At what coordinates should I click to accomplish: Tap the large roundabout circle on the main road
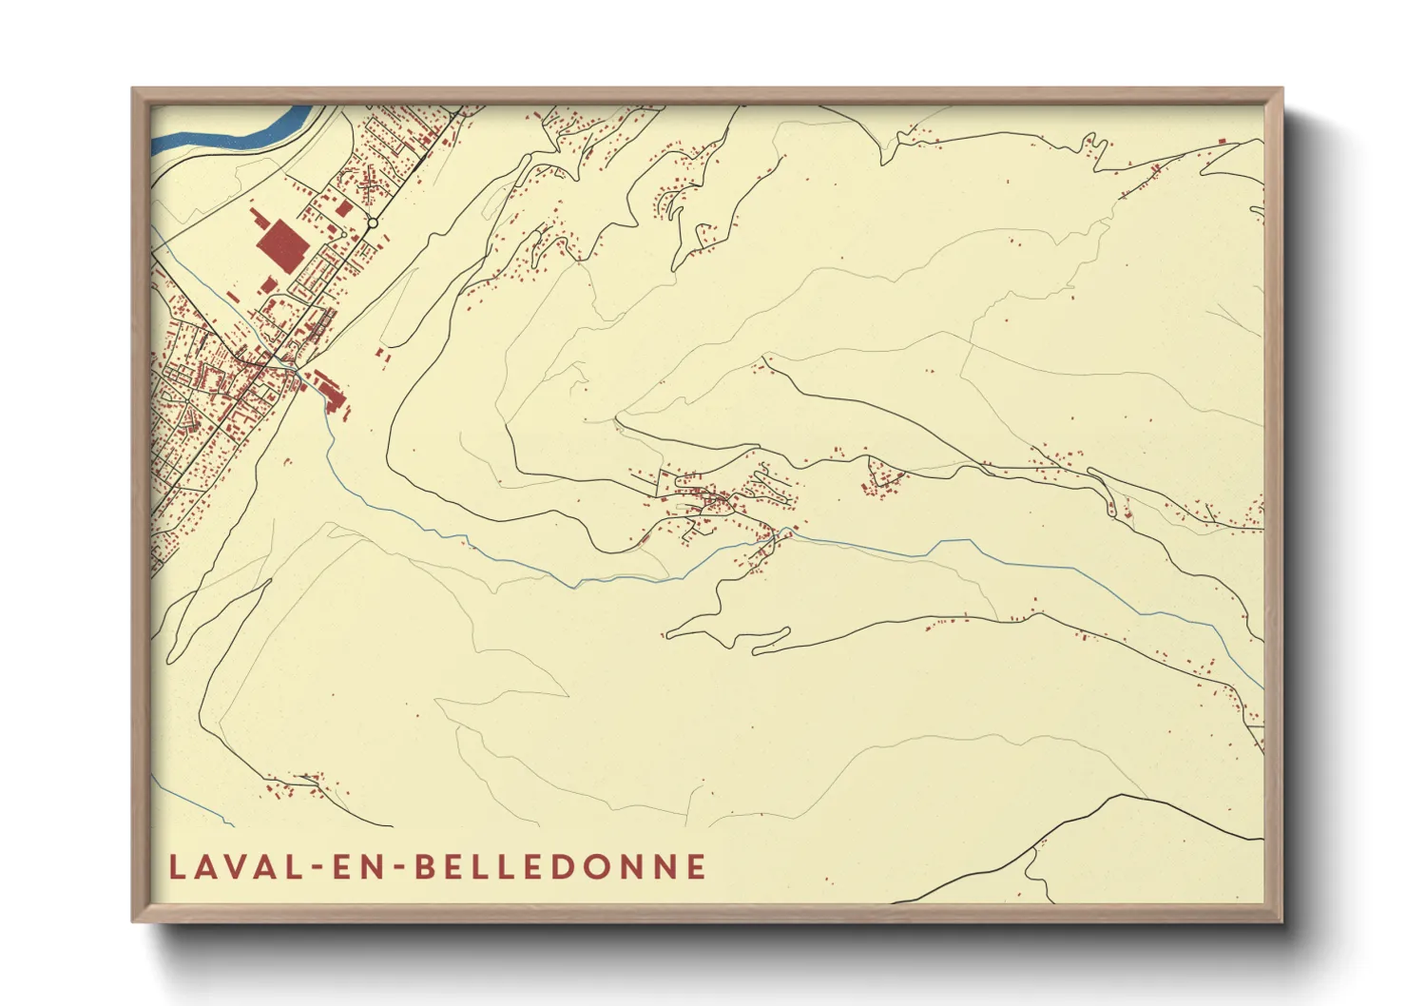pyautogui.click(x=373, y=223)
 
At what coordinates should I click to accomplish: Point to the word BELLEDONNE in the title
pyautogui.click(x=562, y=866)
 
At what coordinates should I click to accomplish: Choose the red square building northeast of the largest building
pyautogui.click(x=344, y=207)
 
